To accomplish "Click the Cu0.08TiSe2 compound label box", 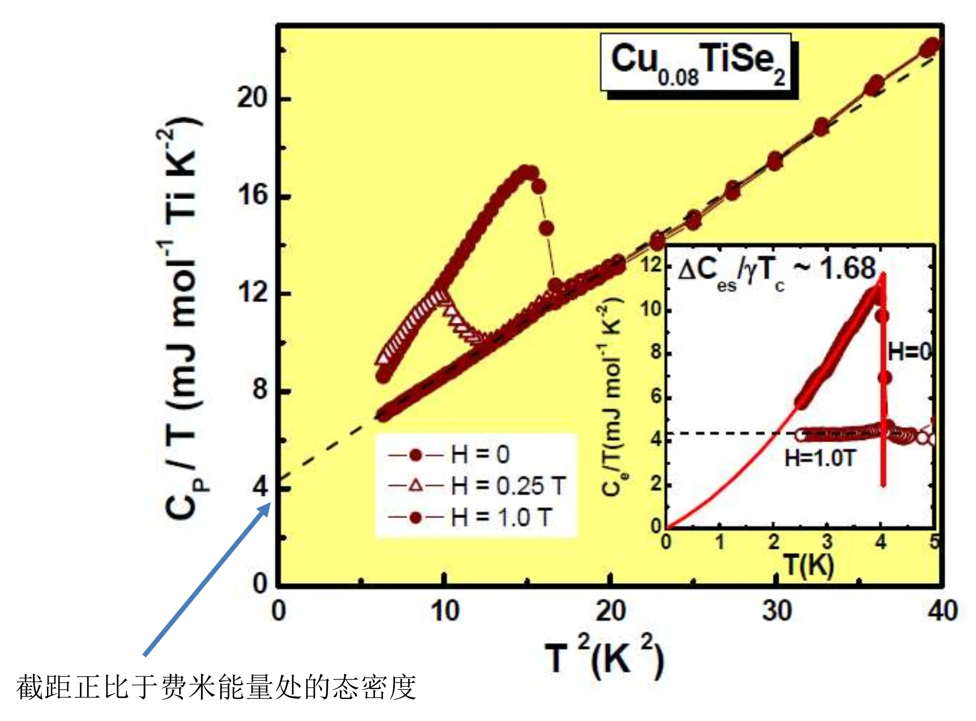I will (x=698, y=63).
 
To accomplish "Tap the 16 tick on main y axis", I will (x=252, y=195).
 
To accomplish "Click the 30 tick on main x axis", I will (x=776, y=610).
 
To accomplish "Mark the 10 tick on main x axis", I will (x=445, y=610).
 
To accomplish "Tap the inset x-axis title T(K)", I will (x=809, y=565).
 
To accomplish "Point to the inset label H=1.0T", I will (x=819, y=458).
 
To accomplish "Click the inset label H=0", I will (x=909, y=352).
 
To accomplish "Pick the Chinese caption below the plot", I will (x=216, y=687).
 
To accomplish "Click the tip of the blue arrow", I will (x=271, y=503).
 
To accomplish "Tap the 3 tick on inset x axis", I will (x=827, y=542).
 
